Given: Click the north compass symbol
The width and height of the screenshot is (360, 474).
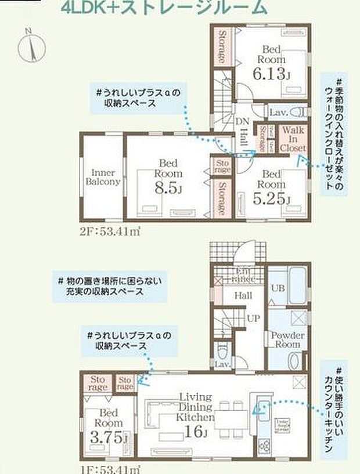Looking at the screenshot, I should point(31,45).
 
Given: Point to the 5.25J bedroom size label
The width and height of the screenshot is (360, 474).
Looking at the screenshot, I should point(271,199).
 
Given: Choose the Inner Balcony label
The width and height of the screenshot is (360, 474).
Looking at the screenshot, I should point(102,177).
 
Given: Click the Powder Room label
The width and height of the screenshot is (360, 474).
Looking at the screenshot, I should point(287,340).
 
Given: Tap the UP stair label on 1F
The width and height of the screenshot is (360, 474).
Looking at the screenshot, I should point(254,318).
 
